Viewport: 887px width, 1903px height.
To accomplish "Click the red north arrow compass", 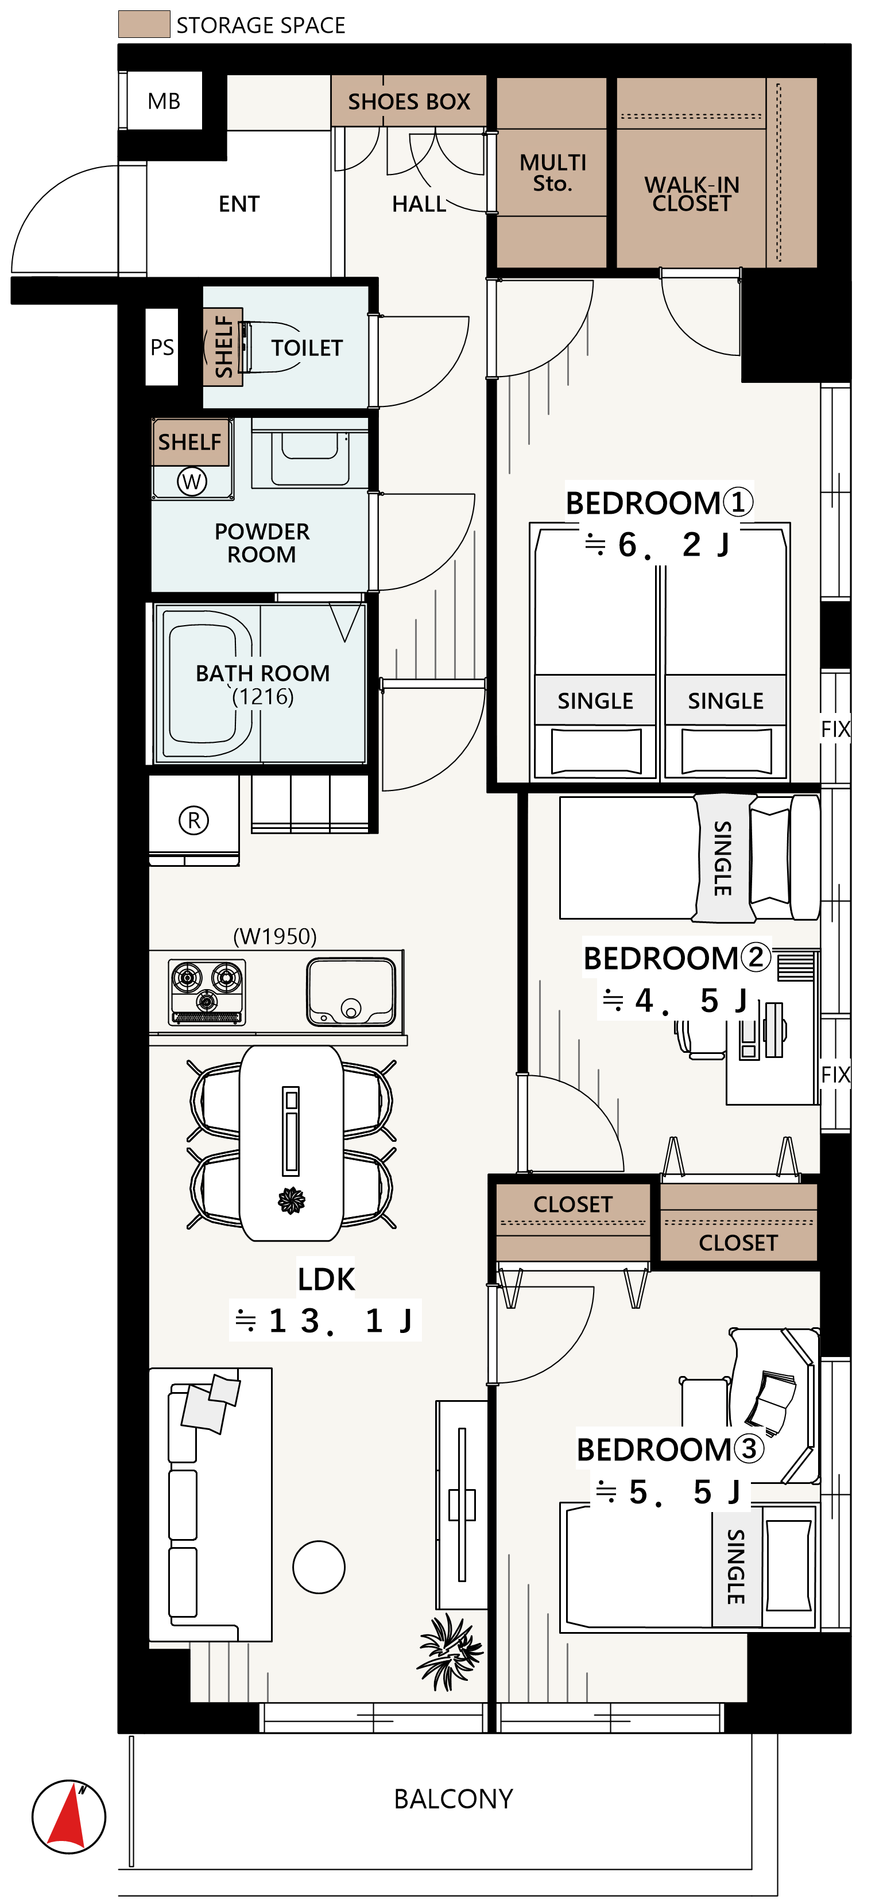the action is [69, 1816].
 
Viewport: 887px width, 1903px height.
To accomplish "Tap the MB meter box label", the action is [164, 101].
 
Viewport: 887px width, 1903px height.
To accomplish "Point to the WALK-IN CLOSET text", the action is [692, 193].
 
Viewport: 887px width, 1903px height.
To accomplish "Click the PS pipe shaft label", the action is [162, 347].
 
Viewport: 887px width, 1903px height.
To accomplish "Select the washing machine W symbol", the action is [192, 482].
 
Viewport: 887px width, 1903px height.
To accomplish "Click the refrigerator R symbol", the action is [193, 820].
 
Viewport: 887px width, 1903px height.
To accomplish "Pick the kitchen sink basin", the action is [351, 991].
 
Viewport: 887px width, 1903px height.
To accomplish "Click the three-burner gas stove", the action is [207, 991].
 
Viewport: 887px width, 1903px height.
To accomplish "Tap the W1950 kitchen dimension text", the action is [275, 936].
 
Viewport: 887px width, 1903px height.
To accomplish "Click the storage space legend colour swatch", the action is [144, 24].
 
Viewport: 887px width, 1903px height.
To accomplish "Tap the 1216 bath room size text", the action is [263, 697].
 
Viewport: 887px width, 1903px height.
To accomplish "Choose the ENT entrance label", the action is [239, 204].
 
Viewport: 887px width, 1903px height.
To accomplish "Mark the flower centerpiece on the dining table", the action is [291, 1200].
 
